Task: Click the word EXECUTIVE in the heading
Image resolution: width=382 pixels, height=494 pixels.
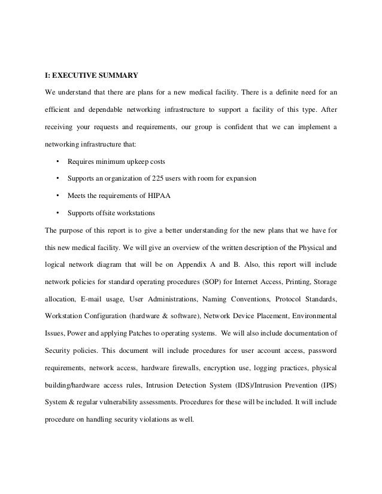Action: pyautogui.click(x=75, y=75)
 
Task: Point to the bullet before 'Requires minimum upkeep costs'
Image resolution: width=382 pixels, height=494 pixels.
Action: pyautogui.click(x=57, y=161)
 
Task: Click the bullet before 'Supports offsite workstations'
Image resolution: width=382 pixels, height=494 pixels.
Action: pyautogui.click(x=57, y=213)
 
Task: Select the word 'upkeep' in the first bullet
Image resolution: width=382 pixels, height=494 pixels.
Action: pyautogui.click(x=137, y=161)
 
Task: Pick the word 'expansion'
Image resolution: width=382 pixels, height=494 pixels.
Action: pyautogui.click(x=241, y=179)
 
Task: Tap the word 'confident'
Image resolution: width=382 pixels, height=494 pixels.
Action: pyautogui.click(x=223, y=127)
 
